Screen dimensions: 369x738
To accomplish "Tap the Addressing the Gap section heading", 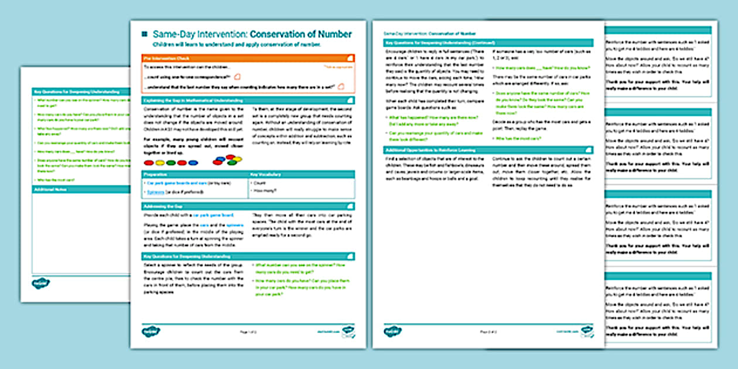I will click(x=167, y=206).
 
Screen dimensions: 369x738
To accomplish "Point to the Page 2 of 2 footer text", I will click(x=488, y=332).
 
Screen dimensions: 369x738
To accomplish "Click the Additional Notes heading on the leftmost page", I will click(x=49, y=189).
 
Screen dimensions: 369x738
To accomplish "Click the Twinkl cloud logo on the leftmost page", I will click(x=40, y=283).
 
